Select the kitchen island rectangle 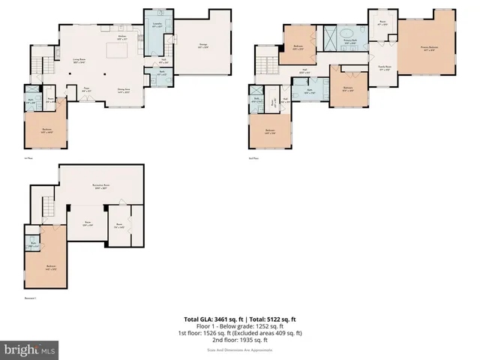(x=118, y=50)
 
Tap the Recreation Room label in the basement (x=102, y=186)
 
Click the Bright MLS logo (x=30, y=349)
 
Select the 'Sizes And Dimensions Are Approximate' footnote (x=239, y=349)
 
